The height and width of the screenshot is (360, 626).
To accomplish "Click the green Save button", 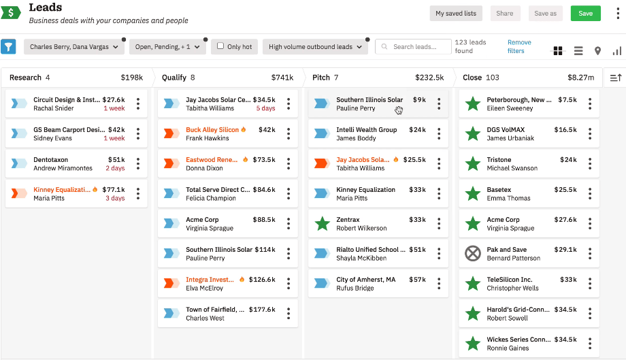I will pos(585,14).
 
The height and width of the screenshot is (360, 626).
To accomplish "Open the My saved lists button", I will pos(456,14).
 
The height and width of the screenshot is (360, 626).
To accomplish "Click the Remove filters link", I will pos(519,46).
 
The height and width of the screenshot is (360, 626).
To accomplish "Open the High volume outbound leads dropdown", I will pos(315,47).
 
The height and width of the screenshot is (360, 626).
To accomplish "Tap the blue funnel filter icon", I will pos(8,46).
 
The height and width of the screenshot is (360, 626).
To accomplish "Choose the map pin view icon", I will pos(597,51).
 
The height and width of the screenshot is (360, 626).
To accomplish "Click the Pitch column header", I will pos(321,78).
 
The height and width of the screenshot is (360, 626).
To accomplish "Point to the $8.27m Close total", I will pos(580,78).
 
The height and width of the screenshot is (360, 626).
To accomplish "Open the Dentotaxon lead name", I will pos(51,160).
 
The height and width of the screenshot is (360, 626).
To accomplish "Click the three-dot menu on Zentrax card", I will pos(439,223).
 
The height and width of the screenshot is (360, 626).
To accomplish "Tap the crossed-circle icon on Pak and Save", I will pos(472,254).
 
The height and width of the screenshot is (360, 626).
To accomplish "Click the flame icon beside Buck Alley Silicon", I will pos(244,129).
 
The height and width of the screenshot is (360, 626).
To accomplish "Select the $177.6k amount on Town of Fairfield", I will pos(262,310).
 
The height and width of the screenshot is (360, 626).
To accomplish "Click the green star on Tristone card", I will pos(472,164).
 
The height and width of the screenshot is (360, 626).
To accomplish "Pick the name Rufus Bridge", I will pos(355,288).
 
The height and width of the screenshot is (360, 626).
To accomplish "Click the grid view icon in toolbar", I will pos(558,51).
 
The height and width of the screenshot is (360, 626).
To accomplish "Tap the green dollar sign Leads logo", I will pos(10,13).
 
